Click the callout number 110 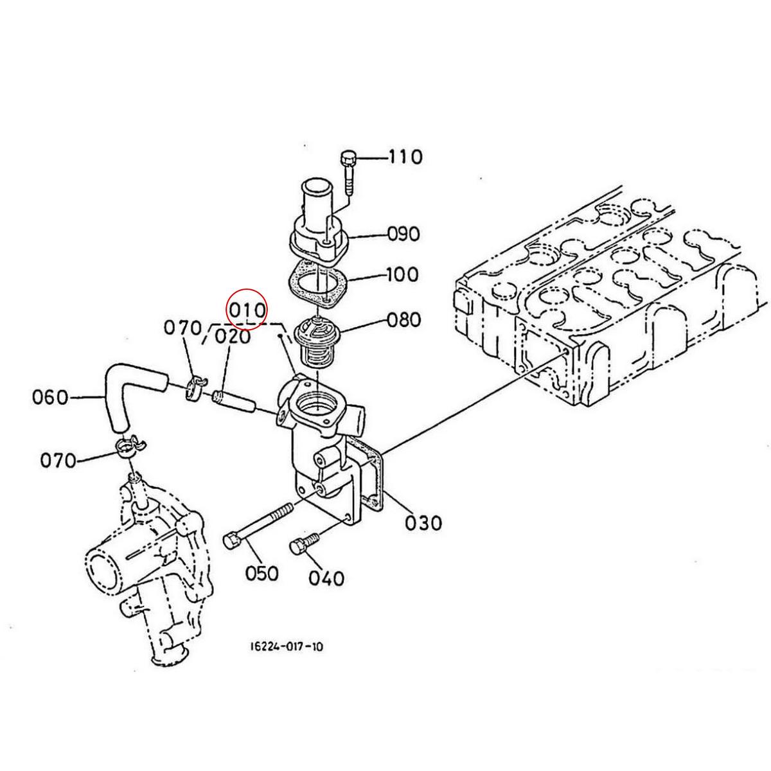click(x=405, y=157)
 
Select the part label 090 click(x=403, y=234)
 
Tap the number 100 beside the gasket click(x=402, y=274)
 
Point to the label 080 click(x=403, y=320)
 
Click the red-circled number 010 click(x=246, y=310)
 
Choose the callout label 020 click(x=233, y=337)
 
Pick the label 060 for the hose click(x=50, y=398)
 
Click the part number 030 click(x=423, y=522)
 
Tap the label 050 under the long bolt click(x=261, y=573)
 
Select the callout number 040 click(x=326, y=578)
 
